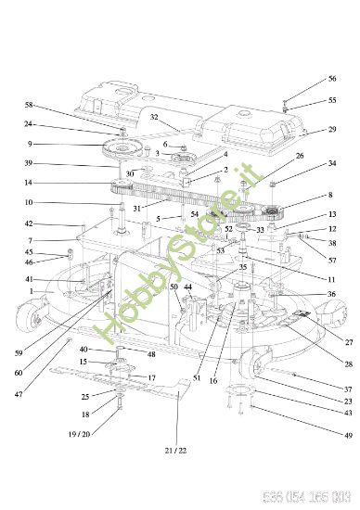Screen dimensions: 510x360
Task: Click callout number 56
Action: click(x=332, y=79)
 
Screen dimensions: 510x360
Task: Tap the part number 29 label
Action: click(x=332, y=130)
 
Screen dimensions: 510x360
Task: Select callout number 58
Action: click(x=29, y=105)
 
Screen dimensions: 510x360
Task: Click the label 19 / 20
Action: click(x=78, y=433)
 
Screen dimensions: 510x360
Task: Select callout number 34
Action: click(x=332, y=163)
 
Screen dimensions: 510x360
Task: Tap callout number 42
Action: click(x=29, y=223)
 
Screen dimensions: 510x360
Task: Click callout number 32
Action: click(x=155, y=117)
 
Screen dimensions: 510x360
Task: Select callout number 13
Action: click(x=332, y=214)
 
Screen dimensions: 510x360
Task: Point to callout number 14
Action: click(x=29, y=183)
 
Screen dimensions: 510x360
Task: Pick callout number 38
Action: click(x=332, y=243)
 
